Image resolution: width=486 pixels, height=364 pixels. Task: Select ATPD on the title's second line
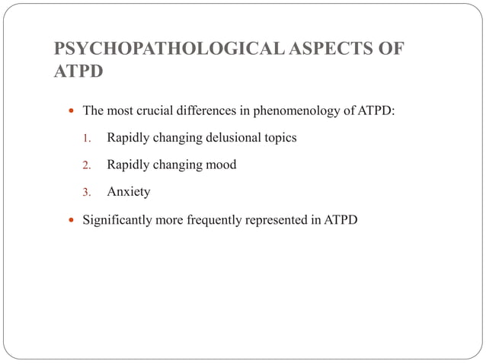tap(78, 74)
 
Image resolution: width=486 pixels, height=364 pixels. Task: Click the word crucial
tap(156, 112)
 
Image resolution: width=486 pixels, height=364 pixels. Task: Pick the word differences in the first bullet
tap(208, 112)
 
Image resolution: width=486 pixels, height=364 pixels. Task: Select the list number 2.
tap(87, 165)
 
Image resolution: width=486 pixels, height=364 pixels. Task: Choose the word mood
tap(221, 165)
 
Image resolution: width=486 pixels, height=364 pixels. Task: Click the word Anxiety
tap(129, 192)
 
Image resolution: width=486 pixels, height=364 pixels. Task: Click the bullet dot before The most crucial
tap(71, 112)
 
